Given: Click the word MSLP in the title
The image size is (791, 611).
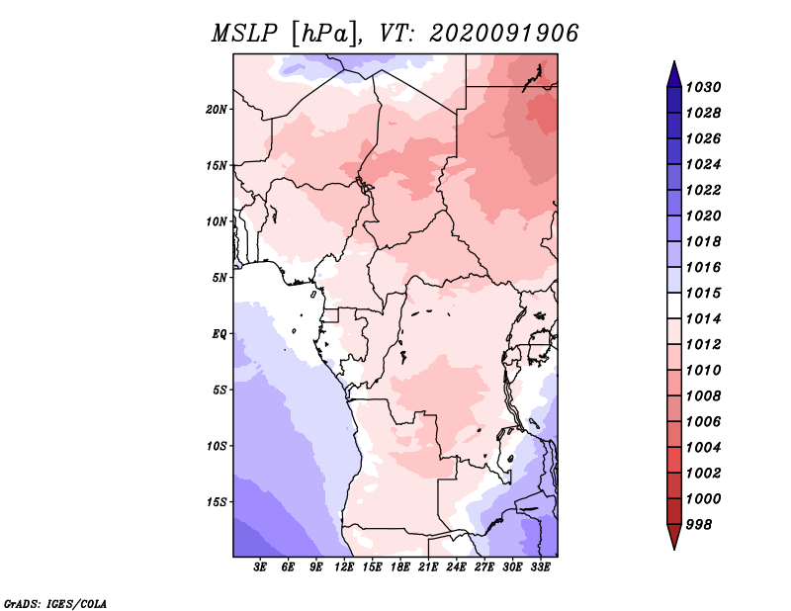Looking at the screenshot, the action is (x=244, y=34).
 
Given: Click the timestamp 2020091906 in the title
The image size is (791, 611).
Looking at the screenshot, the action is (x=504, y=34).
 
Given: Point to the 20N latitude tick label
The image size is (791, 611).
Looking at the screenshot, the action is (x=217, y=110).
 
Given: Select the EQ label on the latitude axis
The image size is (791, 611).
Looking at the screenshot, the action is (x=220, y=334).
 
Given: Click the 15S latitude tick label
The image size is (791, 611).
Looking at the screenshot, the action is (x=217, y=502).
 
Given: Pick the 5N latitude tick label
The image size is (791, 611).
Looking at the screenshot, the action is (x=220, y=278).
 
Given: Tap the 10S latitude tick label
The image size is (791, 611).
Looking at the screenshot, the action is (x=217, y=446).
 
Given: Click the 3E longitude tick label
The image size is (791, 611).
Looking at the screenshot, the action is (x=260, y=567).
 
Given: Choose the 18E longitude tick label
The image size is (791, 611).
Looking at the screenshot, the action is (x=400, y=567).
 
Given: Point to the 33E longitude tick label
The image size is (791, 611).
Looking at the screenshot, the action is (x=540, y=567).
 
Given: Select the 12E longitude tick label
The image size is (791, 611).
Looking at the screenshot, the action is (x=344, y=567).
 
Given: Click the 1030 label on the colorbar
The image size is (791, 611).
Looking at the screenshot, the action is (x=703, y=87).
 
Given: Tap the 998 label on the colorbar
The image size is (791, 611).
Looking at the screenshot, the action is (x=699, y=525).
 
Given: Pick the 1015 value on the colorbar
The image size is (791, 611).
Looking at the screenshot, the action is (x=703, y=293).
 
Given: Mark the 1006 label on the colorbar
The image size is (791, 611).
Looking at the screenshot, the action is (x=703, y=422).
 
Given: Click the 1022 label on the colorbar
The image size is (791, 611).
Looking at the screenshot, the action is (x=703, y=190).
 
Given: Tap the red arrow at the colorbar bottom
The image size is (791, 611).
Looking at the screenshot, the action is (x=674, y=535).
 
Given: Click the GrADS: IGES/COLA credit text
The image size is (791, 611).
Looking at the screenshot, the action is (x=55, y=603).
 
